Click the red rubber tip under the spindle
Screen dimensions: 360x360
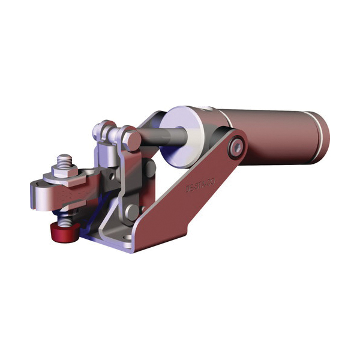coord(64,231)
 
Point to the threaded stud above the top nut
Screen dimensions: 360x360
coord(64,160)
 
